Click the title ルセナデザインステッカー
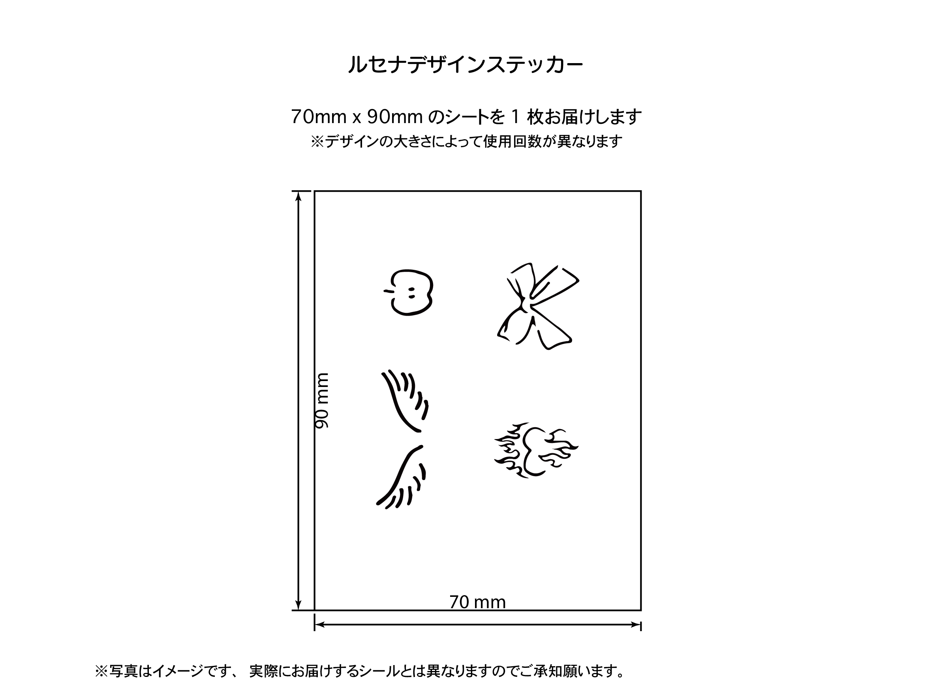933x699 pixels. click(x=466, y=65)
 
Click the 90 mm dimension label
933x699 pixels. click(x=322, y=401)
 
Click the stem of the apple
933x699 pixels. click(x=389, y=291)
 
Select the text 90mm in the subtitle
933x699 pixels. click(x=395, y=117)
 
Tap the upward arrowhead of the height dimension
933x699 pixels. click(x=298, y=196)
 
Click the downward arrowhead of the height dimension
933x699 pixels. click(x=298, y=605)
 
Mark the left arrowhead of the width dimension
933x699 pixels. click(x=320, y=624)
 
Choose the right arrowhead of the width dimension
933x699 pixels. click(x=636, y=624)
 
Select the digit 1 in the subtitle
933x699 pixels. click(x=514, y=117)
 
